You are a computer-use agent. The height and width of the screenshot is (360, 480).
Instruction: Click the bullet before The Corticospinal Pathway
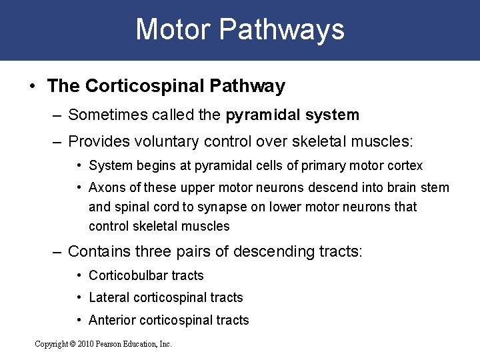click(x=32, y=86)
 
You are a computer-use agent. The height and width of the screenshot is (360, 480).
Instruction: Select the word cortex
click(x=405, y=165)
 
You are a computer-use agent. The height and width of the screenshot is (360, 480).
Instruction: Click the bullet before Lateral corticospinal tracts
click(x=79, y=297)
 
